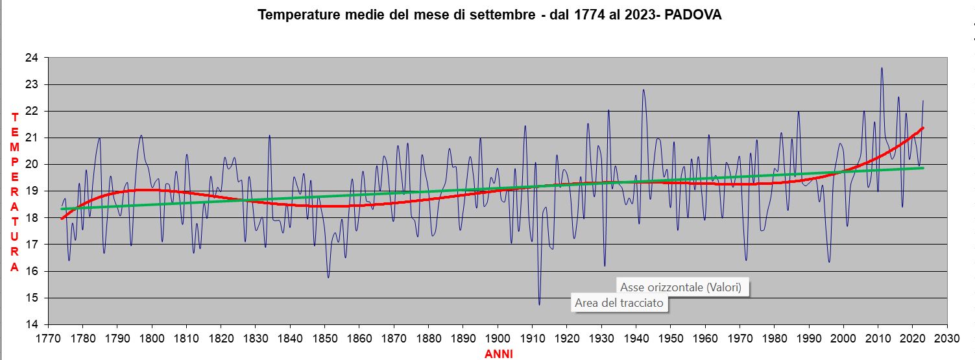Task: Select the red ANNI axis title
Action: point(498,354)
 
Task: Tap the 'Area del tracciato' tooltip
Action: point(619,303)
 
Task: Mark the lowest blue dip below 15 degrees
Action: point(539,304)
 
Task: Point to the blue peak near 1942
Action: point(644,90)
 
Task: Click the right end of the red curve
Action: point(922,128)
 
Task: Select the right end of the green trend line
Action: point(922,168)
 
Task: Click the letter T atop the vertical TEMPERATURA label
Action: point(14,117)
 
